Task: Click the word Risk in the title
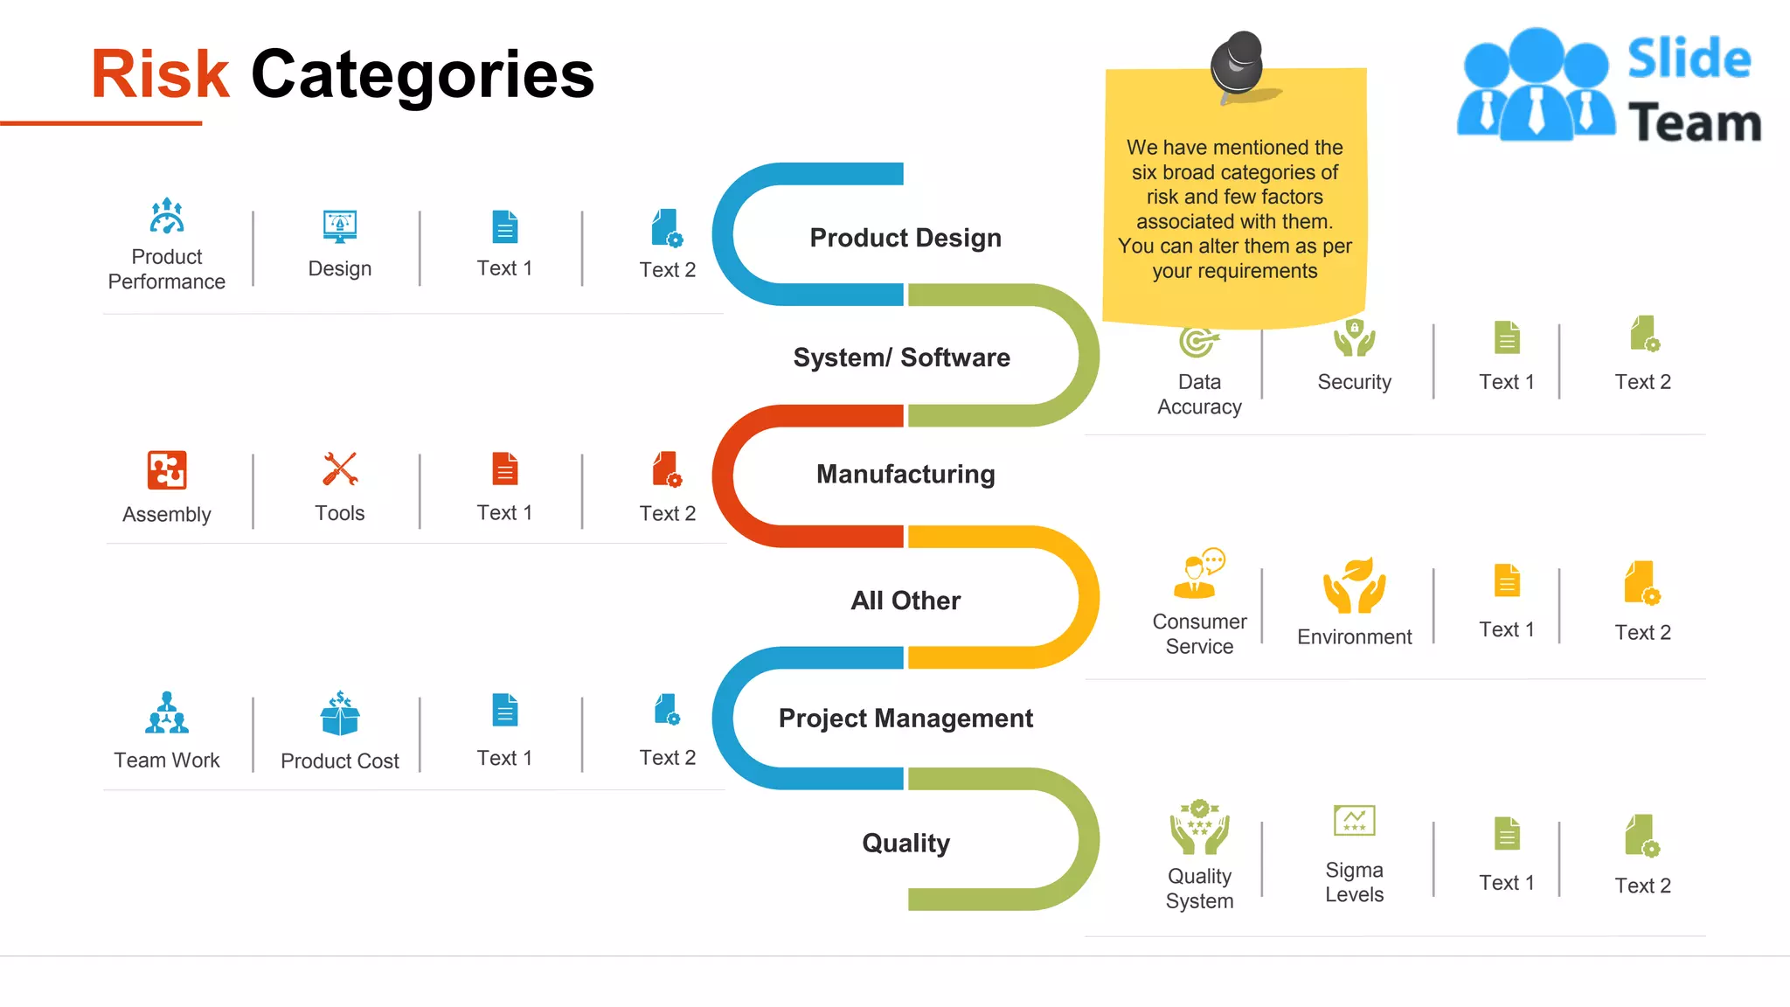tap(160, 74)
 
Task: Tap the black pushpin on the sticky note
tap(1236, 62)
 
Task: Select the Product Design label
tap(905, 238)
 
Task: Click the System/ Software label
tap(901, 358)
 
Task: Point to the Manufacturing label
tap(905, 474)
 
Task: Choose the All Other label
tap(905, 601)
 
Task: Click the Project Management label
tap(905, 718)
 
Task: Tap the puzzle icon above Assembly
tap(167, 470)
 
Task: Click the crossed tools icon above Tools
tap(340, 469)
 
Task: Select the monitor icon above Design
tap(340, 226)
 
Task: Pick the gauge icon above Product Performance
tap(167, 216)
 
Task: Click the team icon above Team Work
tap(167, 713)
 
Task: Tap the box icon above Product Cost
tap(340, 713)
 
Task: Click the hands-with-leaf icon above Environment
tap(1354, 585)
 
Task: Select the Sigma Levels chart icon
tap(1354, 821)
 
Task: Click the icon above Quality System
tap(1199, 827)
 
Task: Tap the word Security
tap(1354, 382)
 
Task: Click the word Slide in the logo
tap(1689, 59)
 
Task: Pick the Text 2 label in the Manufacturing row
tap(667, 513)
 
